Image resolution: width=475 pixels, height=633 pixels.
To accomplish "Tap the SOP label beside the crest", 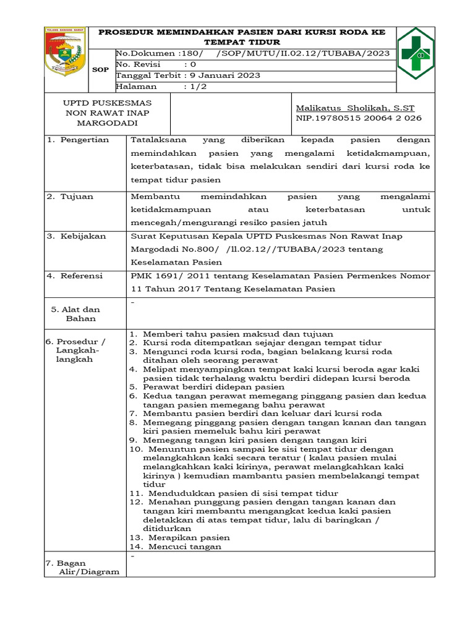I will [x=100, y=70].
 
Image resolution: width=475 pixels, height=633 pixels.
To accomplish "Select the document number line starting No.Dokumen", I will [x=252, y=53].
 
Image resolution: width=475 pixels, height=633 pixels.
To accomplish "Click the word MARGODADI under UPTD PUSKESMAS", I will [x=108, y=124].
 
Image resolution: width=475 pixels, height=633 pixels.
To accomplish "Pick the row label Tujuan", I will [x=77, y=197].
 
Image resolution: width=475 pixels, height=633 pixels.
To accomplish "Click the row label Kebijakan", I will [x=83, y=236].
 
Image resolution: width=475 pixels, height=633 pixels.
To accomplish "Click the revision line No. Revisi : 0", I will [x=157, y=64].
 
